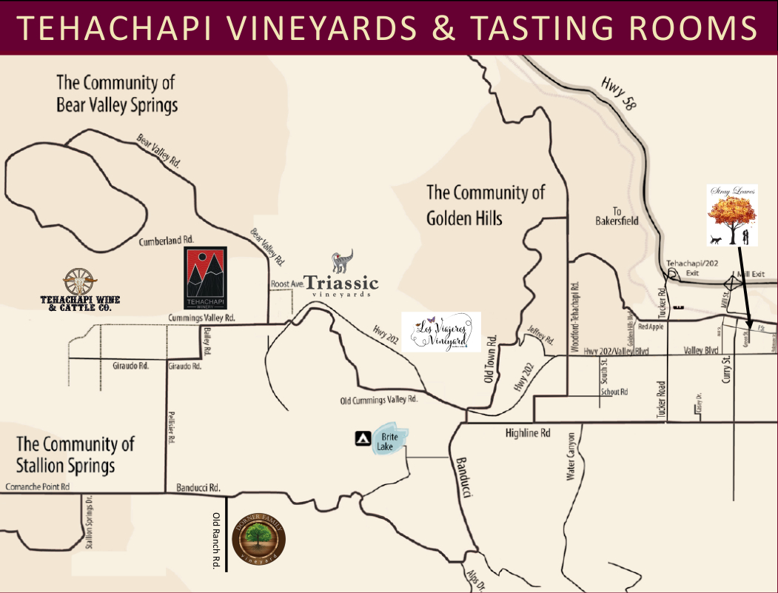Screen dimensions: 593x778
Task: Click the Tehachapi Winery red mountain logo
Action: coord(205,278)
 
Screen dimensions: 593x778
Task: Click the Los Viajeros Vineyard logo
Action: coord(441,331)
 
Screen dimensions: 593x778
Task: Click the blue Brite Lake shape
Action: coord(390,442)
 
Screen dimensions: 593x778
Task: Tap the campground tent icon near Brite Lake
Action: coord(363,439)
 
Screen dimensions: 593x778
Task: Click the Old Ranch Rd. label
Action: coord(217,540)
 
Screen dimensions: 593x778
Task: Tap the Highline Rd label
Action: coord(528,432)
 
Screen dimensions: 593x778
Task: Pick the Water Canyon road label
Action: coord(570,456)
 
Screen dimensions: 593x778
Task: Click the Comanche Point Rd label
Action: coord(37,486)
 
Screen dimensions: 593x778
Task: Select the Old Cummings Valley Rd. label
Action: coord(379,399)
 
